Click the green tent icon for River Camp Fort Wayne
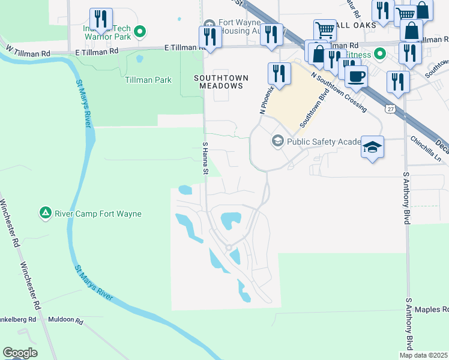click(x=45, y=213)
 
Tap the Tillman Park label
click(x=148, y=80)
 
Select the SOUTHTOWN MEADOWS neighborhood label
click(x=218, y=82)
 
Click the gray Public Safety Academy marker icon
click(x=277, y=142)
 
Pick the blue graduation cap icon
click(x=372, y=147)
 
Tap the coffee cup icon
click(x=356, y=76)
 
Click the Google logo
click(x=20, y=353)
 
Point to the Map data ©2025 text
click(x=423, y=355)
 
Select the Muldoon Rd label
click(x=65, y=320)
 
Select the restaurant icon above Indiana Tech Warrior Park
click(x=100, y=19)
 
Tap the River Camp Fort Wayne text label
click(x=98, y=214)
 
